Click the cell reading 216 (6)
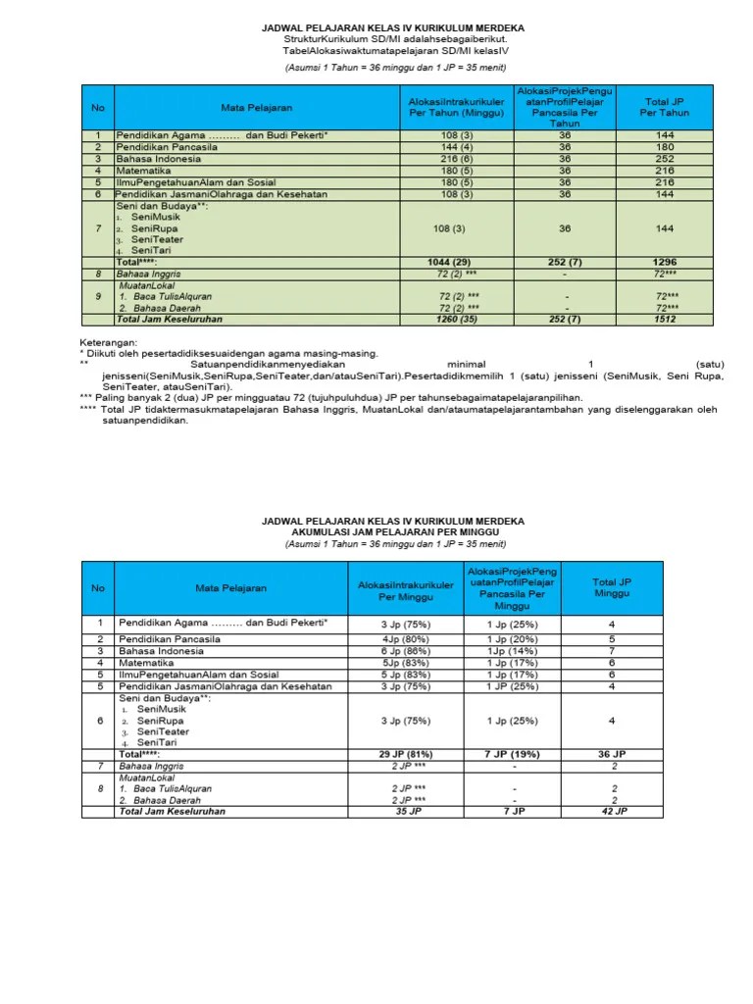[456, 159]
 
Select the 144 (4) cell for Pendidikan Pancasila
[456, 147]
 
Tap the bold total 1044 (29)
[456, 263]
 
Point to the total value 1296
[666, 263]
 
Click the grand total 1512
[666, 319]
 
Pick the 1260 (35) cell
[456, 319]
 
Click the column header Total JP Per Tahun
[666, 107]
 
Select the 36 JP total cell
[612, 753]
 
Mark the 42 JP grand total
[612, 812]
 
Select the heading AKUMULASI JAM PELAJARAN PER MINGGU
[376, 531]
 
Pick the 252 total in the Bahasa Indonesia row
[666, 159]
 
